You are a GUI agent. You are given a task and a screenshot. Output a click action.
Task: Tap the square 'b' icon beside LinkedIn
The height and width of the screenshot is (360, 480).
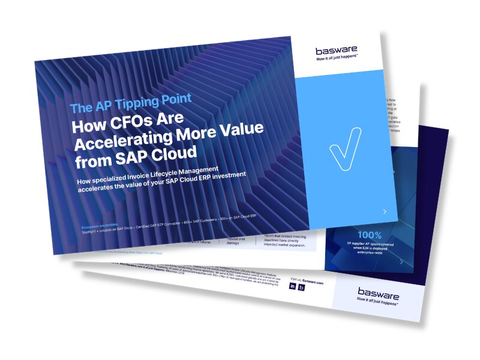click(x=301, y=287)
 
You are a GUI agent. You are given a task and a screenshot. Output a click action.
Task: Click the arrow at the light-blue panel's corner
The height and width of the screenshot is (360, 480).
click(x=385, y=211)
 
